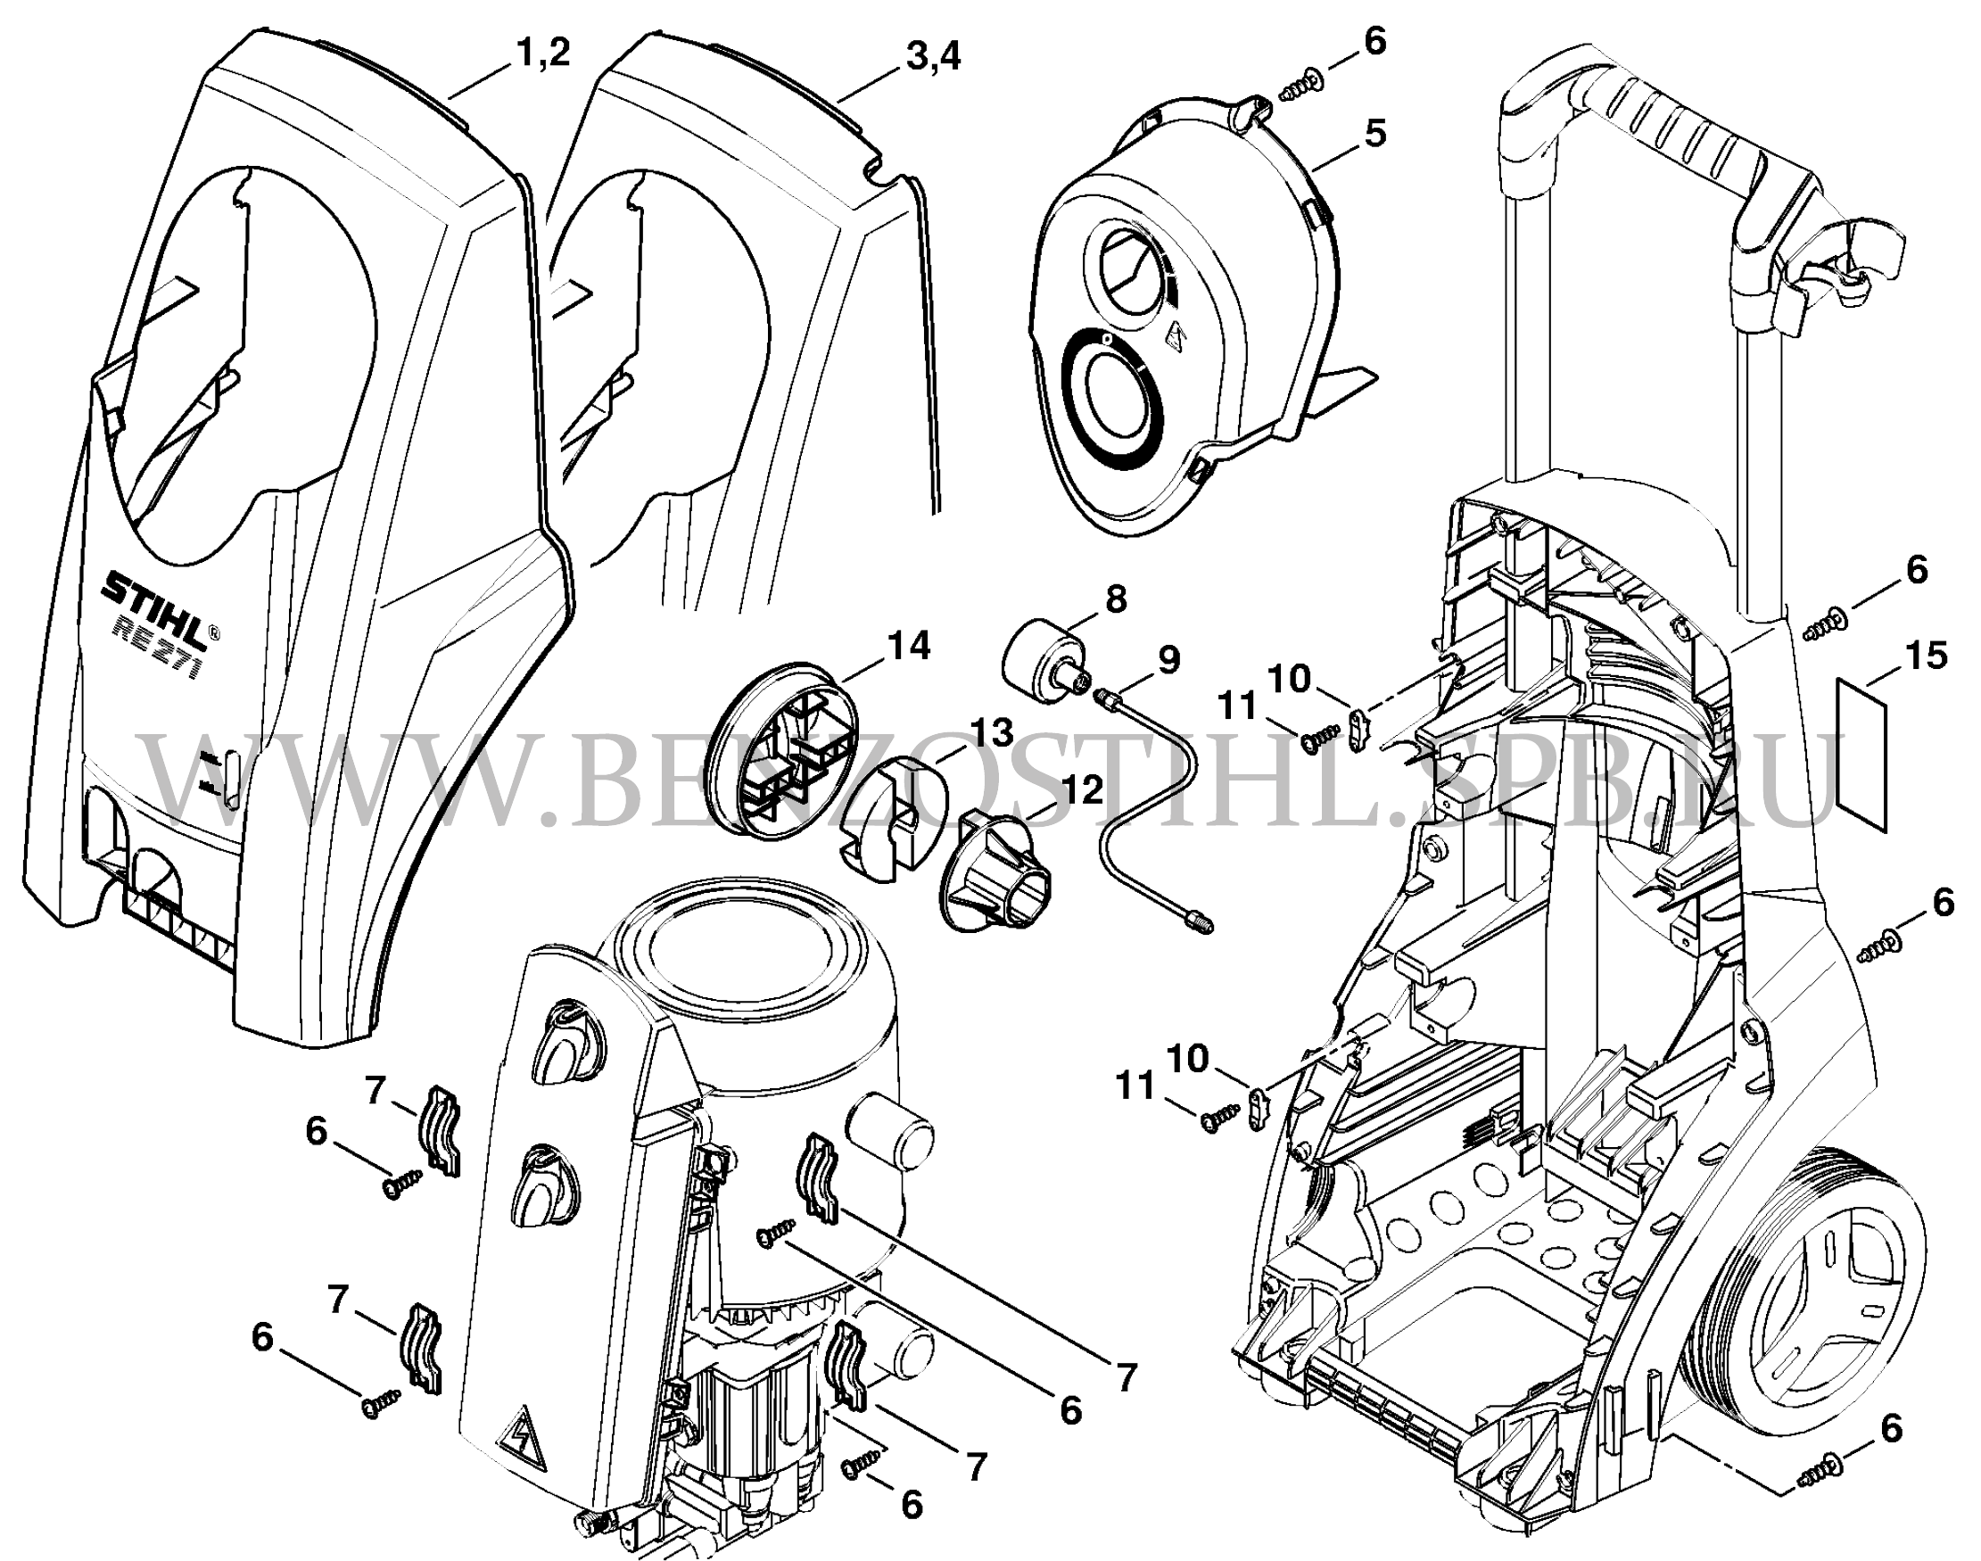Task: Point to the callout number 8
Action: pyautogui.click(x=1116, y=599)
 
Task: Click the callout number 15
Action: pyautogui.click(x=1934, y=657)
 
